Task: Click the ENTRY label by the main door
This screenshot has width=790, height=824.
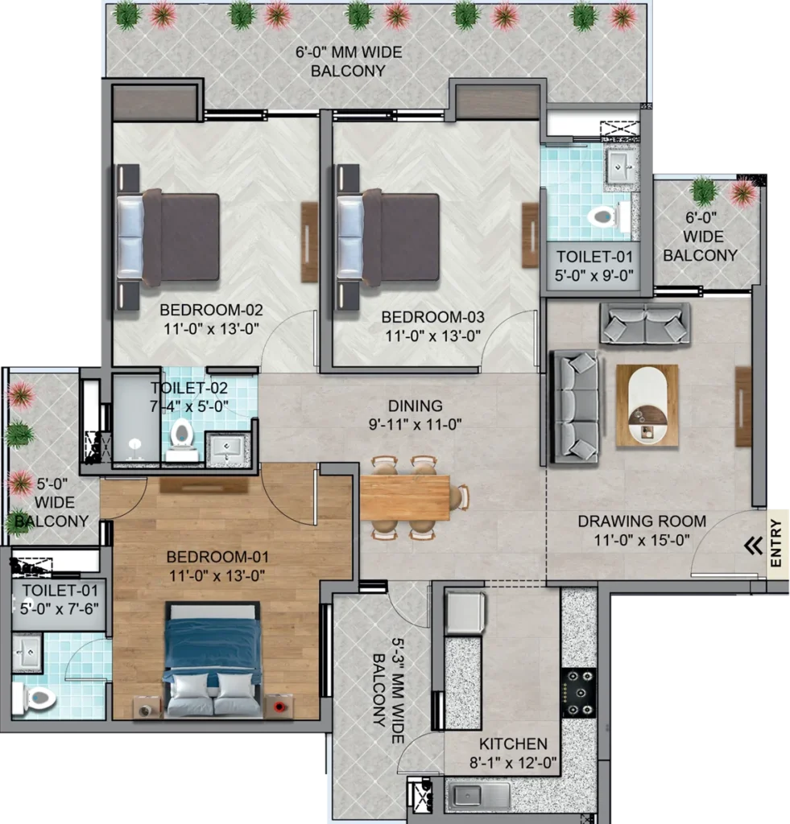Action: click(776, 546)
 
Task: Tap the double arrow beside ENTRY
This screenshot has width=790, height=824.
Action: click(753, 546)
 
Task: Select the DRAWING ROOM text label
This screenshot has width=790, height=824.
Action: click(642, 521)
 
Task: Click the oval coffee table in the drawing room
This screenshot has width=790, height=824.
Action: click(647, 406)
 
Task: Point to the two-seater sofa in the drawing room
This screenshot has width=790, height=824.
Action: click(644, 324)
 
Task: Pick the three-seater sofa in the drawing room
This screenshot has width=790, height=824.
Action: click(575, 406)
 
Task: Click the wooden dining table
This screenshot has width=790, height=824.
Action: click(404, 498)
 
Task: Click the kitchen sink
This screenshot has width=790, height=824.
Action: click(480, 797)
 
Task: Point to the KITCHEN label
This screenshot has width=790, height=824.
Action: click(513, 744)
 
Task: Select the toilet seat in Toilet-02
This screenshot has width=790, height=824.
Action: click(181, 435)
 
